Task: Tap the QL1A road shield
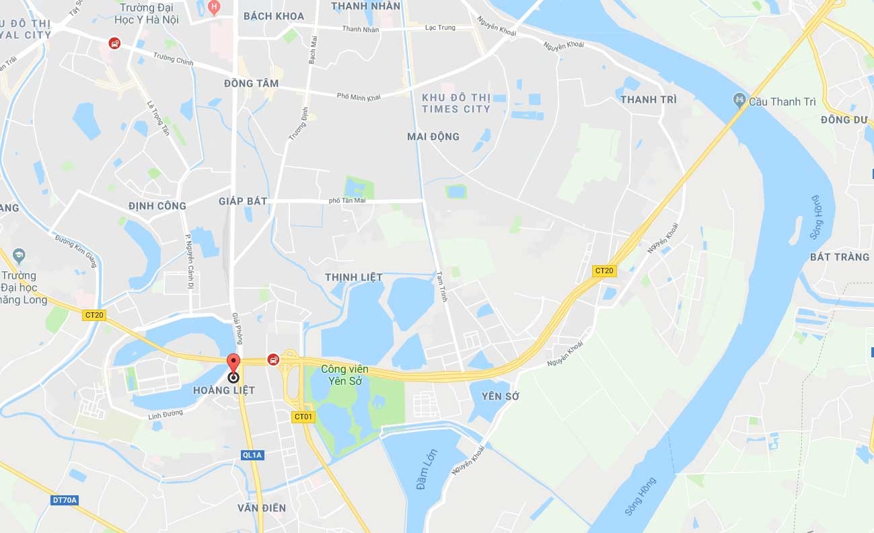[x=252, y=455]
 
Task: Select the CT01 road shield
[x=303, y=417]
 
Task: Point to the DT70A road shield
[x=65, y=500]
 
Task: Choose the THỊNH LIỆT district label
[x=353, y=277]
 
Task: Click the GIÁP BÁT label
[x=243, y=201]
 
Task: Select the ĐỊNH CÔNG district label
[x=157, y=206]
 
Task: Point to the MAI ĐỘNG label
[x=433, y=137]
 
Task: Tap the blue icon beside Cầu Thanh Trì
[x=739, y=101]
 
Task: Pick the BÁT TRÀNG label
[x=840, y=257]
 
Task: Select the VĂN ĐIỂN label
[x=262, y=508]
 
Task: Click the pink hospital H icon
[x=214, y=8]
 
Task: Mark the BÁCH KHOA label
[x=274, y=16]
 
